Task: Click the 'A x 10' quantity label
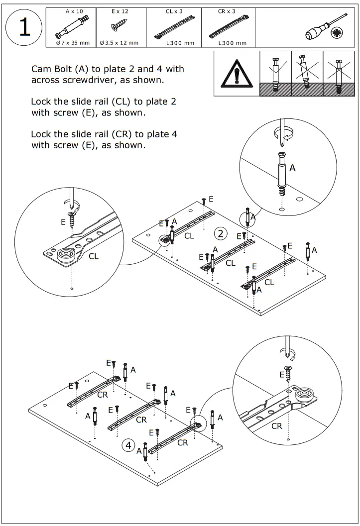pos(75,11)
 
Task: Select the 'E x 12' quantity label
pos(120,11)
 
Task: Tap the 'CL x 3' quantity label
pos(173,11)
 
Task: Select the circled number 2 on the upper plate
pos(221,233)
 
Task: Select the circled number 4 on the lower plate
pos(128,445)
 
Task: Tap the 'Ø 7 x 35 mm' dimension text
pos(74,43)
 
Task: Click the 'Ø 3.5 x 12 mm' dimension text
pos(120,43)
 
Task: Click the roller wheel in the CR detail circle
pos(305,397)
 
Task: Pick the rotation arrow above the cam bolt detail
pos(284,131)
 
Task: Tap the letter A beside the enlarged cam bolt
pos(293,168)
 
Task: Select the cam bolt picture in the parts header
pos(74,25)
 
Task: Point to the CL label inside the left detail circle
pos(94,257)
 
